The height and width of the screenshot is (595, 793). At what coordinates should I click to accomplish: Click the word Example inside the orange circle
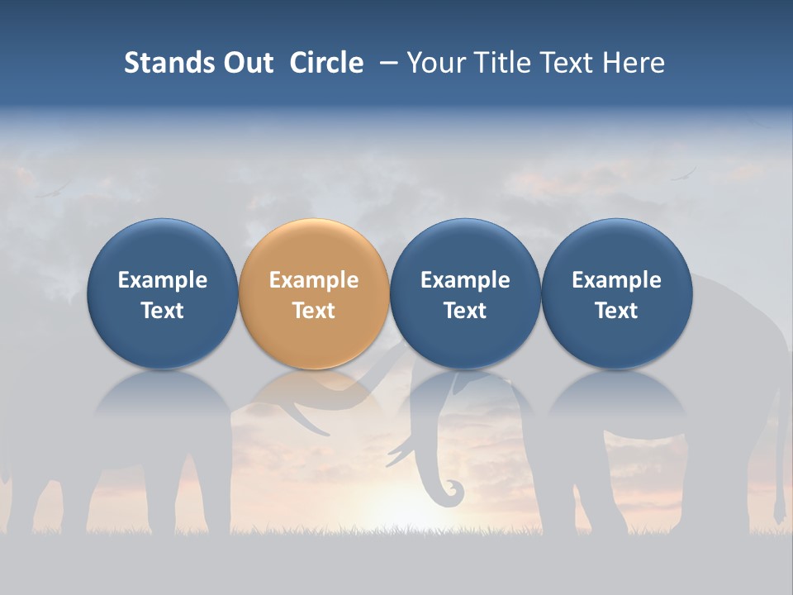click(x=314, y=280)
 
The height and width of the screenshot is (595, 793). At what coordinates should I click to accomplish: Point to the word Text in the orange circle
click(x=314, y=311)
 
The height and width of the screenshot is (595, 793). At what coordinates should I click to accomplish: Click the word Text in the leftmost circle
click(x=162, y=311)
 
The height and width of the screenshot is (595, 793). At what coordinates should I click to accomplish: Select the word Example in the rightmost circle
click(x=616, y=280)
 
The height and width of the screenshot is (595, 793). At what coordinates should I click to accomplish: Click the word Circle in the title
click(x=326, y=63)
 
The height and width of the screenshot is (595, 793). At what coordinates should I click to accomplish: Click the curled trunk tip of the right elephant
click(x=452, y=493)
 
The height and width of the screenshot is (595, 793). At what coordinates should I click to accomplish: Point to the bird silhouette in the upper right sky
click(x=684, y=174)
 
